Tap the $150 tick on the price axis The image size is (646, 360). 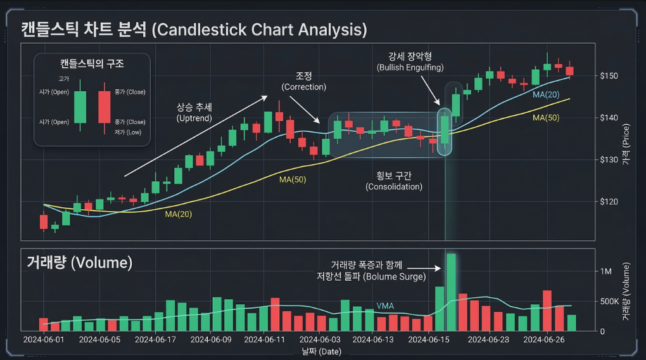point(609,76)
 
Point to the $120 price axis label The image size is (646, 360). point(609,202)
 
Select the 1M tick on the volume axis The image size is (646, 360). point(606,271)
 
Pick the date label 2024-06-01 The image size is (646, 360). point(43,340)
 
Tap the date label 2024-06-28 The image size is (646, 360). point(488,340)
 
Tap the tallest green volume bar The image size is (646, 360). point(451,292)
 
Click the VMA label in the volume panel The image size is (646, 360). point(385,306)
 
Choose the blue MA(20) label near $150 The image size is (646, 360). point(545,94)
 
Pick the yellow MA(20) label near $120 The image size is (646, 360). point(178,214)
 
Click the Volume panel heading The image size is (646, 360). point(79,262)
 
